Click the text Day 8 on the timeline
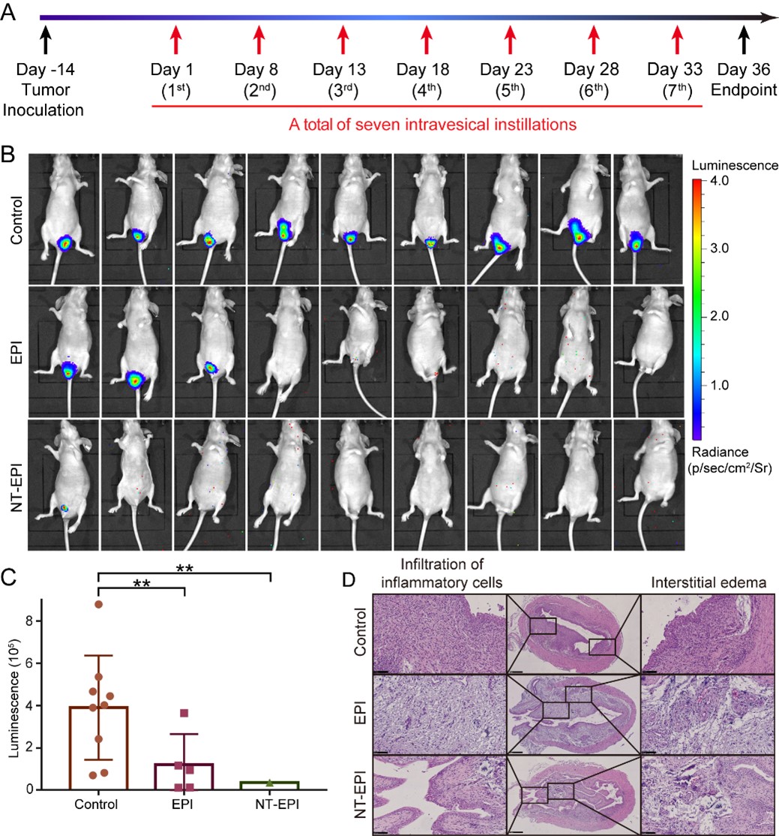(256, 71)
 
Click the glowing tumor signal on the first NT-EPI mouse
(64, 508)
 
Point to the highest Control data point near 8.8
(98, 604)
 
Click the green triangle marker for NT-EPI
(269, 783)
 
